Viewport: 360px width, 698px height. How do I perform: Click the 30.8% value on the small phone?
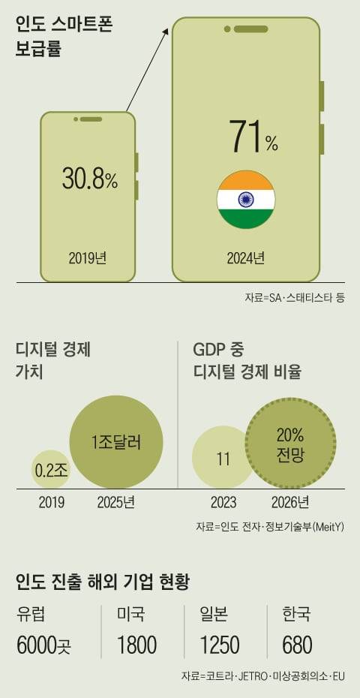pyautogui.click(x=89, y=179)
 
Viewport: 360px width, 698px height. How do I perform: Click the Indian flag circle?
pyautogui.click(x=246, y=200)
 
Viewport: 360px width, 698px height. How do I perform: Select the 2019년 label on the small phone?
pyautogui.click(x=87, y=258)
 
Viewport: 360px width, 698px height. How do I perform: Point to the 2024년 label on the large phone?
pyautogui.click(x=246, y=258)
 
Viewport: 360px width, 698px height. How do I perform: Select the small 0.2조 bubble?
pyautogui.click(x=51, y=471)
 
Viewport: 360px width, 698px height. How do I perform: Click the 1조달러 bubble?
pyautogui.click(x=116, y=441)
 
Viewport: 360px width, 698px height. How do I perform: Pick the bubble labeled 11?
pyautogui.click(x=223, y=459)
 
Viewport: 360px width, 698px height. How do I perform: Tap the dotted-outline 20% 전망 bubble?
pyautogui.click(x=290, y=444)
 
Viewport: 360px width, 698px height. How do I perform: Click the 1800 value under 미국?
pyautogui.click(x=136, y=645)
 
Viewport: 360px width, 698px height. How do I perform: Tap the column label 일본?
pyautogui.click(x=214, y=615)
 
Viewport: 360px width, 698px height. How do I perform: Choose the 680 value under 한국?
pyautogui.click(x=298, y=645)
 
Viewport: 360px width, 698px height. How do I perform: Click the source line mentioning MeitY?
pyautogui.click(x=269, y=526)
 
